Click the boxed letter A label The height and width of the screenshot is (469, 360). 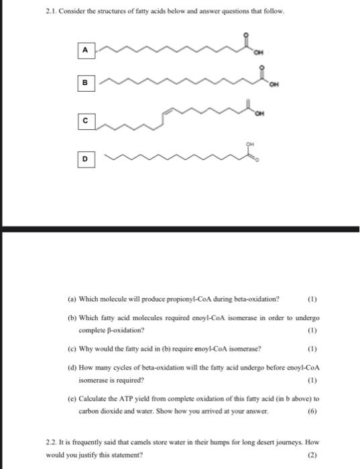[84, 49]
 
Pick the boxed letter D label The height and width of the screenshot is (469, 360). [84, 160]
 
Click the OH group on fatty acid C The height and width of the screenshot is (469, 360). [257, 114]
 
